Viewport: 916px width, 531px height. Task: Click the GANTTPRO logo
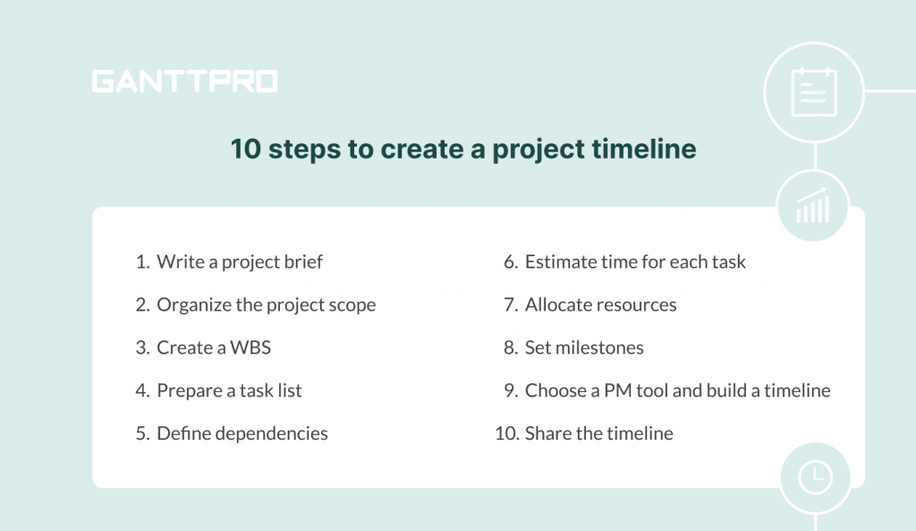[x=184, y=81]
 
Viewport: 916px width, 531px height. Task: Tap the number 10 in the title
[x=245, y=149]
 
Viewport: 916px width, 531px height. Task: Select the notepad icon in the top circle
[x=814, y=92]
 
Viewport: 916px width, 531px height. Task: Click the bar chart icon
[x=812, y=205]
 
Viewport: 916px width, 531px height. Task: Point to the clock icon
[x=816, y=477]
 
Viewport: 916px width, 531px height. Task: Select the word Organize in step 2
[x=194, y=304]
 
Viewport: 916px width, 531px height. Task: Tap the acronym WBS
[x=250, y=347]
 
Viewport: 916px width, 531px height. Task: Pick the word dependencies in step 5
[x=272, y=433]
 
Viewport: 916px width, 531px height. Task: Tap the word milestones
[x=599, y=347]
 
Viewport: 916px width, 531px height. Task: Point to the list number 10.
[x=506, y=433]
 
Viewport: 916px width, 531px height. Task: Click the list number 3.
[x=142, y=347]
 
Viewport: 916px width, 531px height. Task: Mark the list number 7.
[x=511, y=304]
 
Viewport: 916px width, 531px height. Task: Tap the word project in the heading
[x=538, y=150]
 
